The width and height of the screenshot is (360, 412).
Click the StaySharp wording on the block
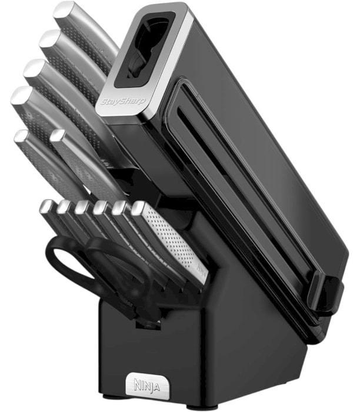click(x=123, y=101)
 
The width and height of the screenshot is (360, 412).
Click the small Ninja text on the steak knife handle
click(x=201, y=271)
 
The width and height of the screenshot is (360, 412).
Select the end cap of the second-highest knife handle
click(x=50, y=38)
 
